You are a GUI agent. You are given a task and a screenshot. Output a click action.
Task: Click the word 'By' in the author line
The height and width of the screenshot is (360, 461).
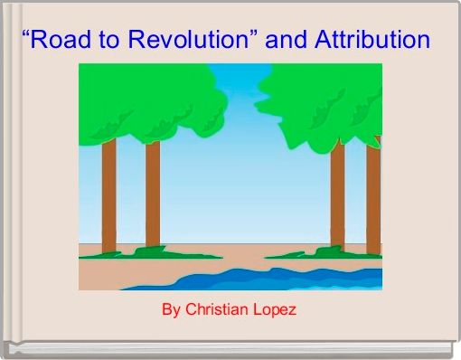coord(171,310)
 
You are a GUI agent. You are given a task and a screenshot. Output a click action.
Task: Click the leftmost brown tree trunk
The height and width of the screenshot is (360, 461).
coord(108,194)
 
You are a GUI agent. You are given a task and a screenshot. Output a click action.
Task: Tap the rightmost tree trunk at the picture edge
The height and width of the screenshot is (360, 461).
coord(373,194)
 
